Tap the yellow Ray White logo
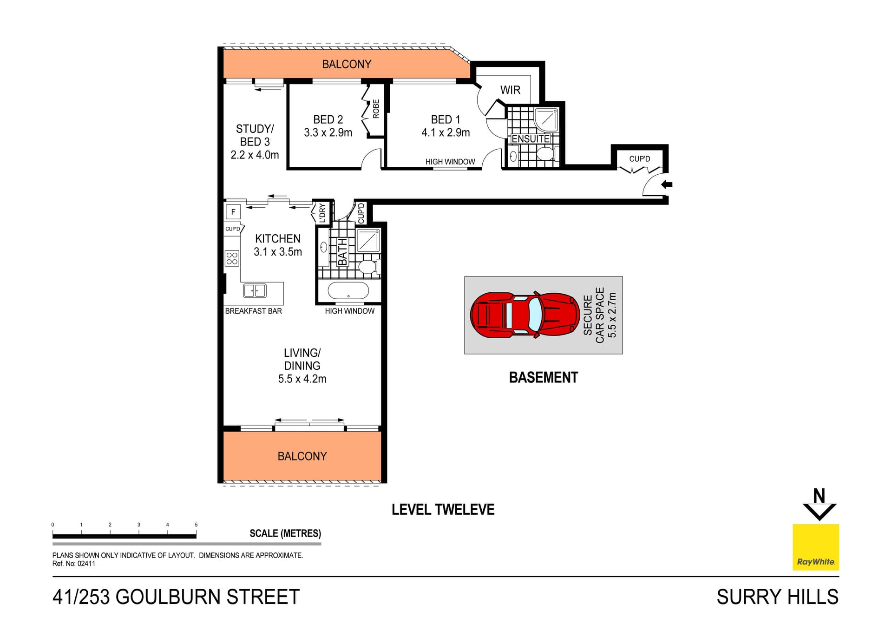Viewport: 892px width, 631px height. [x=815, y=547]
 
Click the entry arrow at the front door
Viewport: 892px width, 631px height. [x=667, y=184]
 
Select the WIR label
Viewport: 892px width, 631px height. [x=510, y=90]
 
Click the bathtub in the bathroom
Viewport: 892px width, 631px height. [x=348, y=291]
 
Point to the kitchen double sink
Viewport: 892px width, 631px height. [x=255, y=291]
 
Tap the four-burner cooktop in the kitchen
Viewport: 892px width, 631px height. [x=232, y=258]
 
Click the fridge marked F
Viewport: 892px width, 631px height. [x=233, y=212]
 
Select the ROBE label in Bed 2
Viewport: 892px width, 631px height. [x=376, y=109]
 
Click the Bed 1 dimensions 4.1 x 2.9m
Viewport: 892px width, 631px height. [x=446, y=133]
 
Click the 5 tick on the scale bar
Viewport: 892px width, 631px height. [x=196, y=525]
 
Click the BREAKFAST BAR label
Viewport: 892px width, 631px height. [x=253, y=311]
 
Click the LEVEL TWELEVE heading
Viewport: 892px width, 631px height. [x=443, y=510]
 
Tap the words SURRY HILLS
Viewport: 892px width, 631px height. [x=777, y=597]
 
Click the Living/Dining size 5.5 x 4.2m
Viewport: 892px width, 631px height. [x=302, y=379]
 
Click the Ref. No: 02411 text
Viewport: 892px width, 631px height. [x=74, y=564]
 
